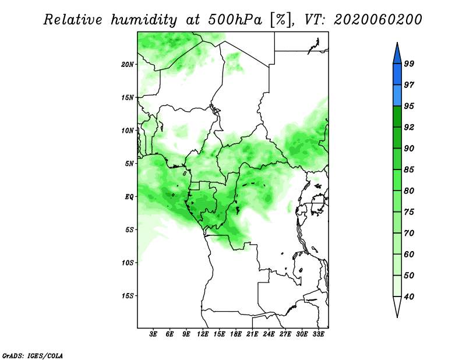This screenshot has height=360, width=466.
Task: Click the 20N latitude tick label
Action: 128,65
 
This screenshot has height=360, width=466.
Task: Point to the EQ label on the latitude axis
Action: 130,197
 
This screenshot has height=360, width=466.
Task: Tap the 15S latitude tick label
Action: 128,296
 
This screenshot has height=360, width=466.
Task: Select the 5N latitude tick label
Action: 129,164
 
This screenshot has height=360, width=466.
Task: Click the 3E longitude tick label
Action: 153,334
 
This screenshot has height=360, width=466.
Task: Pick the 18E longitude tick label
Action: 236,334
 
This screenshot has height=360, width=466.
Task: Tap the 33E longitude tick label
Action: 318,334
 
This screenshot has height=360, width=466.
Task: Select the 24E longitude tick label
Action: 269,334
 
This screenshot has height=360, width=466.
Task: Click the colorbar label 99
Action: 409,63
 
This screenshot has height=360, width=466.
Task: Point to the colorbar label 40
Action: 409,297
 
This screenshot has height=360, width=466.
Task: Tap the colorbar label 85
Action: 409,170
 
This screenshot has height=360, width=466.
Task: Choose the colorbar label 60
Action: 409,254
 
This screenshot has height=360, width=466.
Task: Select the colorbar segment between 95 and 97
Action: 397,96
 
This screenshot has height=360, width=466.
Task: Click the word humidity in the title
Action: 144,20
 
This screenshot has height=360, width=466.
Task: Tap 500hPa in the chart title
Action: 235,20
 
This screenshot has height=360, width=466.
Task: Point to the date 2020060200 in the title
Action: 378,20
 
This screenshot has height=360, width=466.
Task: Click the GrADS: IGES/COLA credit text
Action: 33,355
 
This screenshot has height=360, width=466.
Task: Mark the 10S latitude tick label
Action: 128,263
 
